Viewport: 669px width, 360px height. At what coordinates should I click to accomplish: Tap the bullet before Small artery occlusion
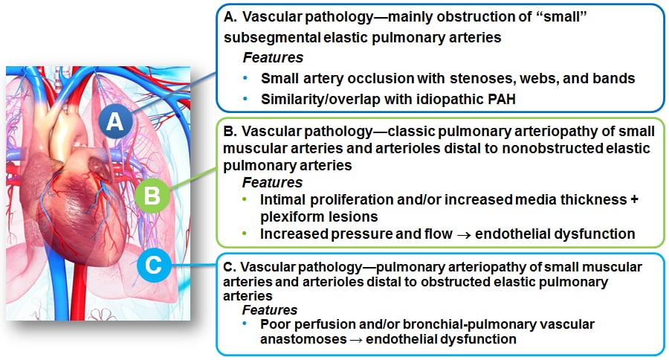(x=245, y=77)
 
